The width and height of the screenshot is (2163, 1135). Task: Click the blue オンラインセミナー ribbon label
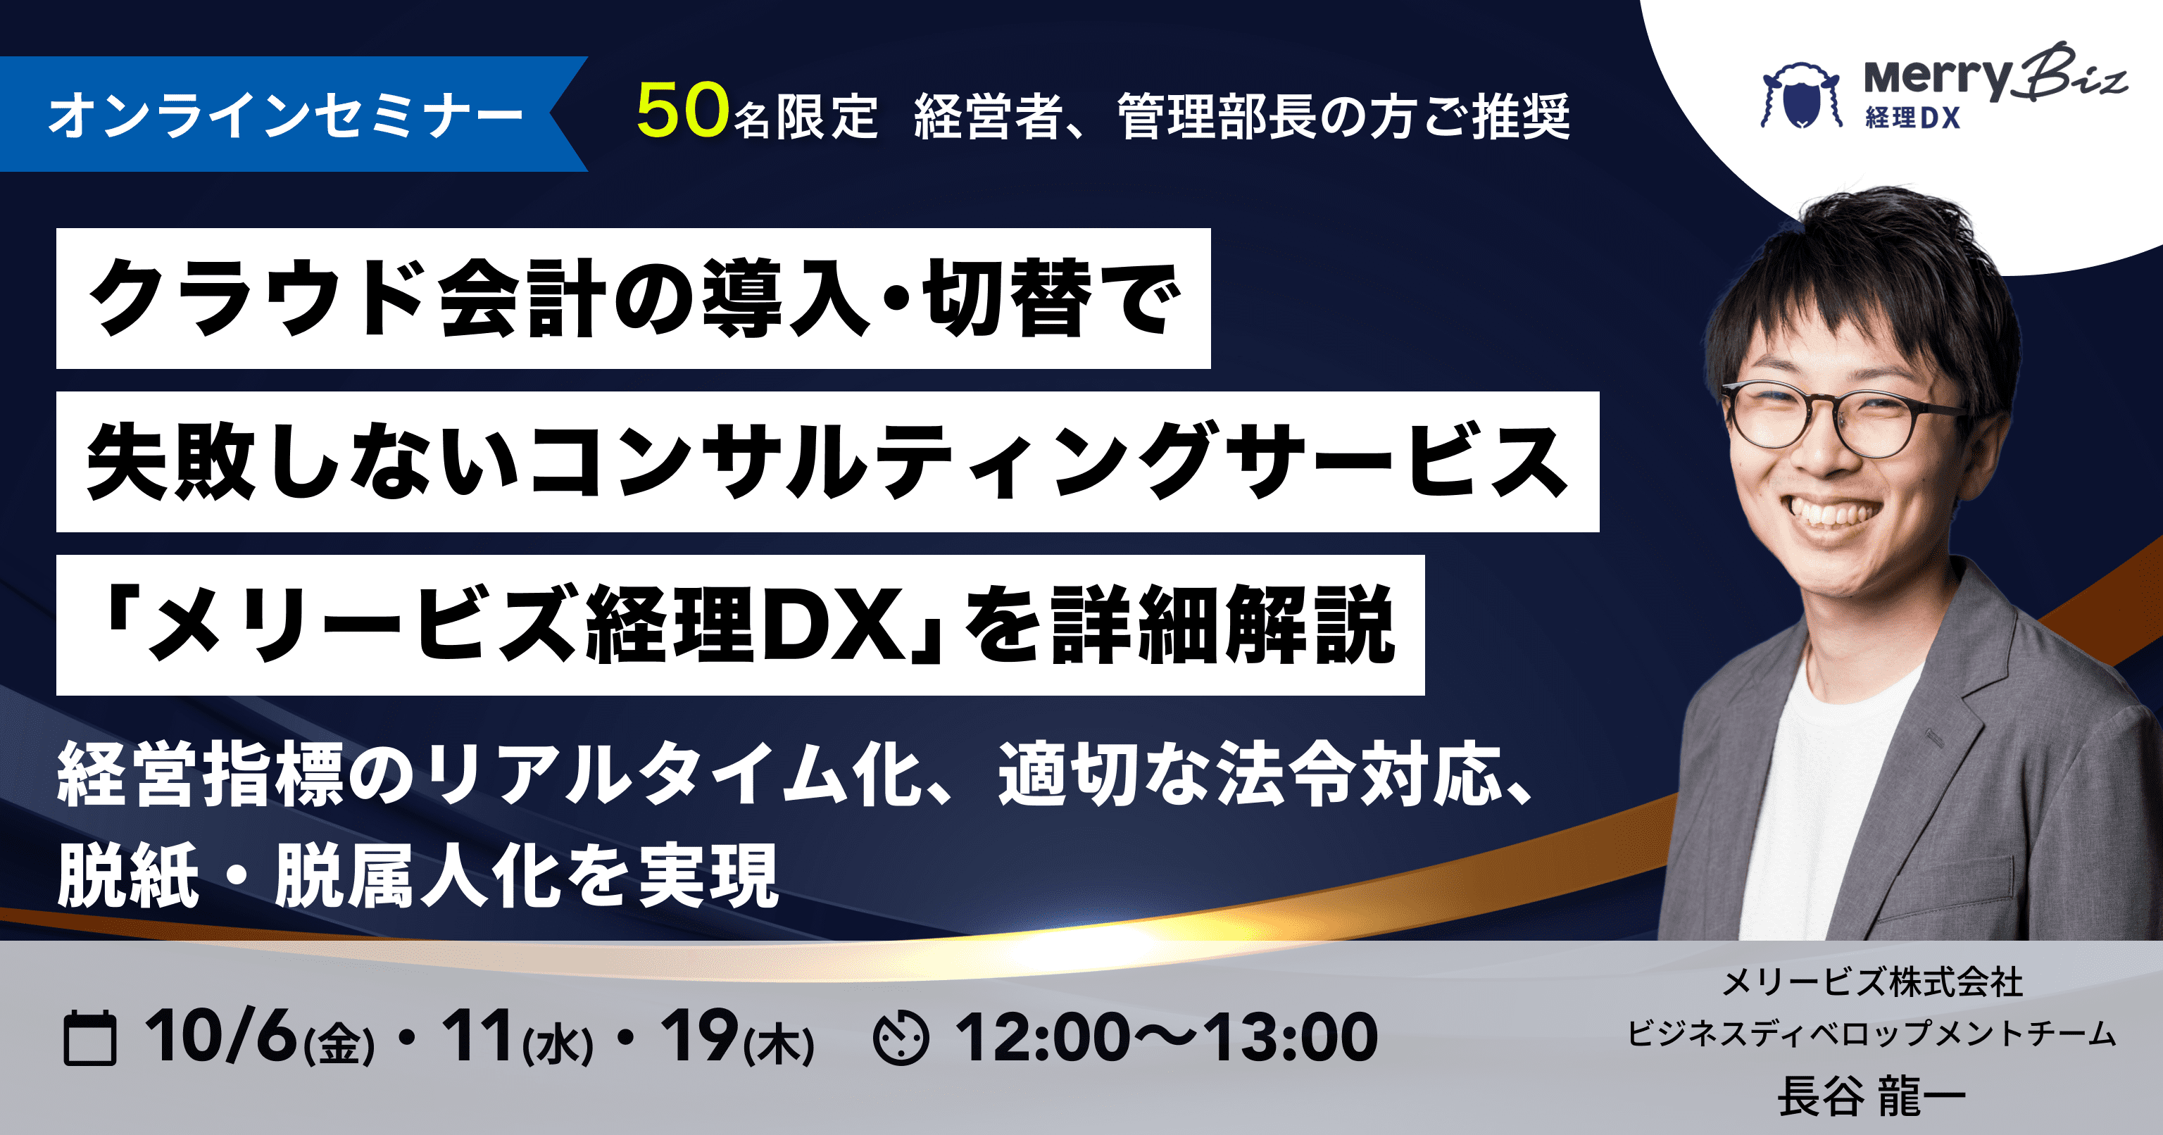[x=285, y=114]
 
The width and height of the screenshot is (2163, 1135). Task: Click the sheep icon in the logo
[x=1801, y=95]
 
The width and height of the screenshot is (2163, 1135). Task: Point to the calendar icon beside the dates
[x=90, y=1039]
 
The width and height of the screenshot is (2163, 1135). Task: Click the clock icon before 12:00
[x=901, y=1039]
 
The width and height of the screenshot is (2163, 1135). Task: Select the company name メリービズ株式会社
[x=1872, y=982]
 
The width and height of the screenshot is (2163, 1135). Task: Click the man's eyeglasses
[x=1843, y=420]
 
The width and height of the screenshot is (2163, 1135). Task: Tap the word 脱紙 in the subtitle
[x=128, y=876]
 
